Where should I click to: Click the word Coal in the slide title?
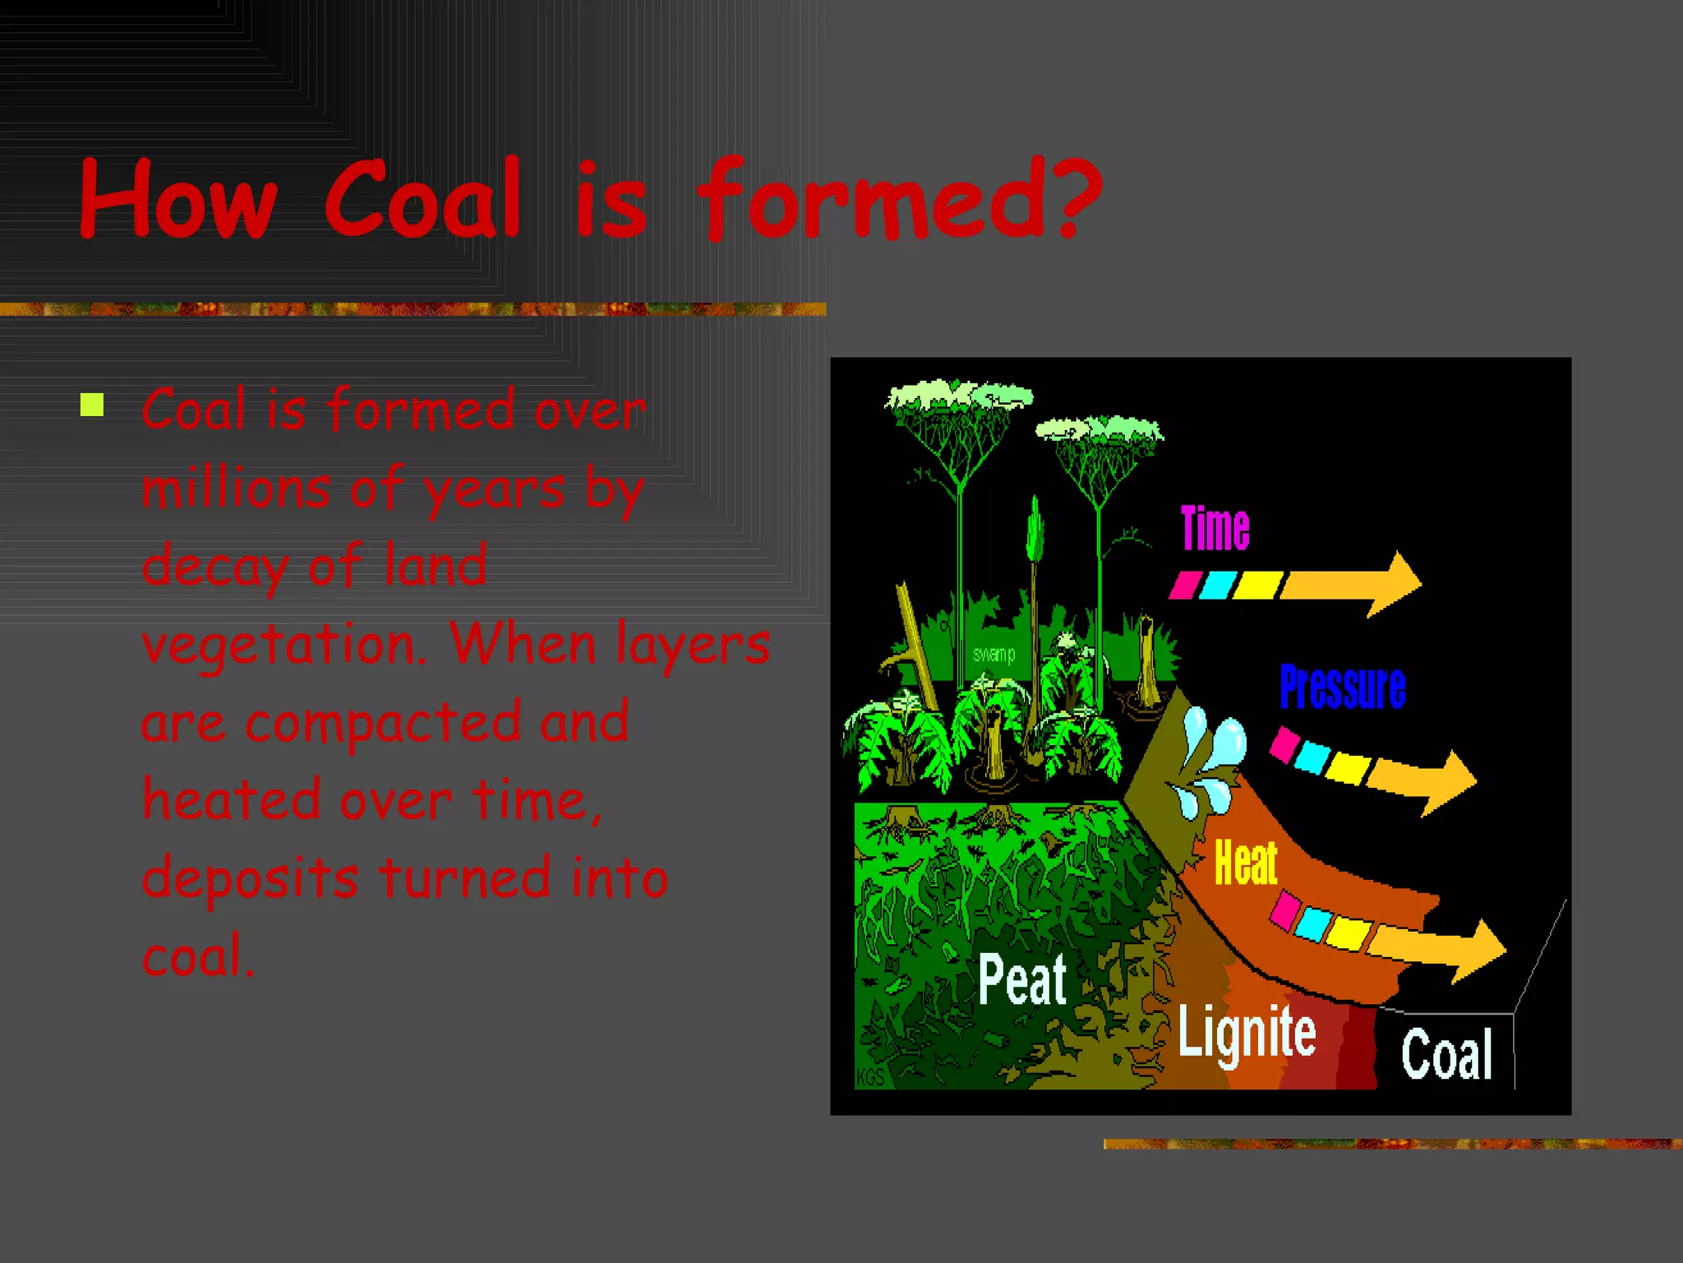pos(423,200)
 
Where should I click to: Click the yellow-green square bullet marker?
pos(92,405)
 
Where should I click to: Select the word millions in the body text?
pos(234,488)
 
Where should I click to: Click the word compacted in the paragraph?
pos(383,722)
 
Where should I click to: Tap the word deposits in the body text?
pos(250,878)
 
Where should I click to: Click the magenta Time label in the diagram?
pos(1215,529)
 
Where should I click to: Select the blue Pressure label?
pos(1342,687)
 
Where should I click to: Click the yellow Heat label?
pos(1246,863)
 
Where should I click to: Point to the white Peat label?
pos(1022,980)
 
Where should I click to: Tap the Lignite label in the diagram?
pos(1247,1033)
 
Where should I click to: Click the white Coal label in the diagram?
pos(1446,1055)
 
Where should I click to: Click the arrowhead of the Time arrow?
pos(1397,584)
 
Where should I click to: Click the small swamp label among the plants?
pos(994,655)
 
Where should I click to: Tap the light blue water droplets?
pos(1208,761)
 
